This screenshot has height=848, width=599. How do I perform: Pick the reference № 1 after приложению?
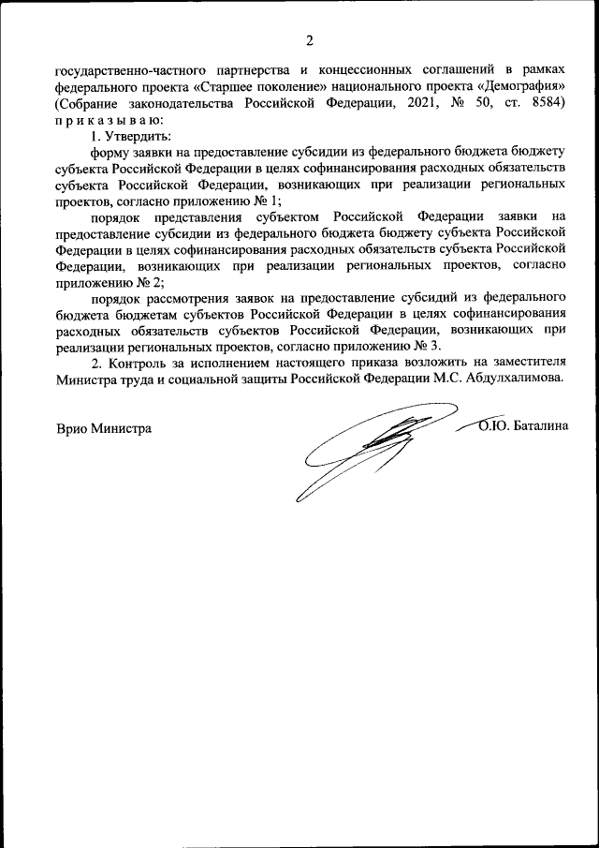(x=269, y=200)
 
